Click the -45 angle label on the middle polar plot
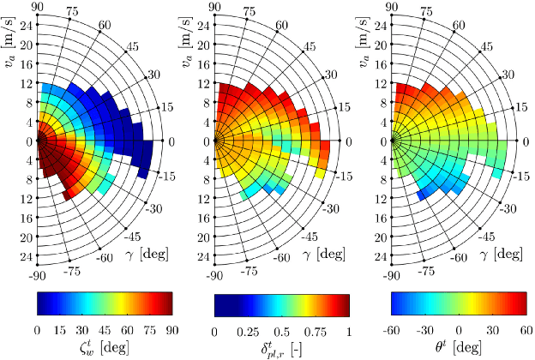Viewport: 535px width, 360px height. [314, 236]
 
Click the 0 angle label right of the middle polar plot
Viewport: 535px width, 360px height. [347, 141]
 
